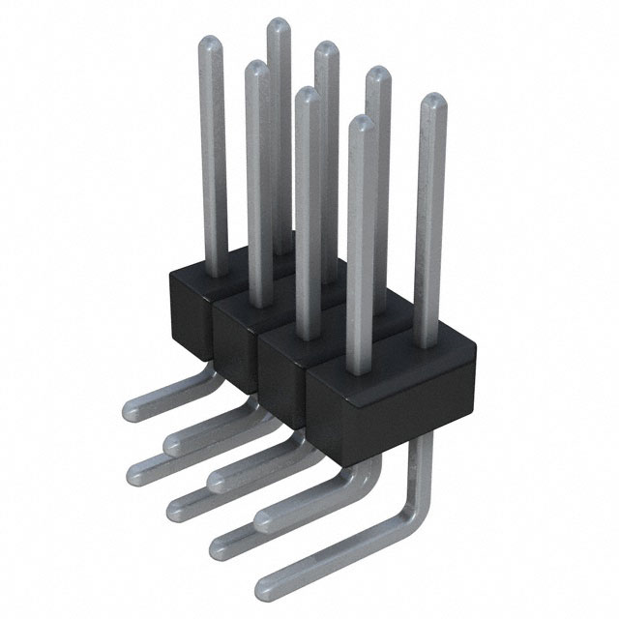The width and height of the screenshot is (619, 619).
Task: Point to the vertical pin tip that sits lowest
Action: tap(359, 123)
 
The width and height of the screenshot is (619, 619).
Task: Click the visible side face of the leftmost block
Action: tap(189, 309)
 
